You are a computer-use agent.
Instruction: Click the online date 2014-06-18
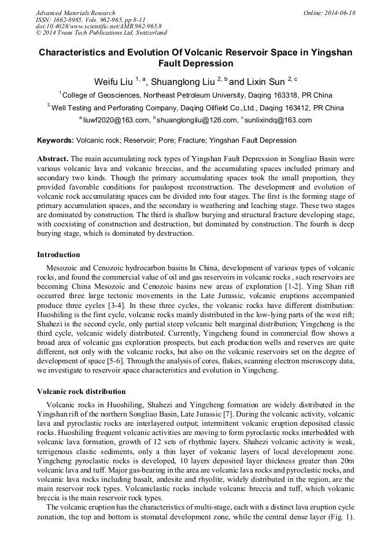pos(338,13)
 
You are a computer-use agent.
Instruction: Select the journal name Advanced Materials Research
pos(75,13)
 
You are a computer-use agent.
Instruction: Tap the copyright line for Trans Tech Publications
pos(101,33)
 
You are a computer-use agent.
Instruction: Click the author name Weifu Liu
pos(114,81)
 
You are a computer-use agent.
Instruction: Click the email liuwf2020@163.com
pos(116,120)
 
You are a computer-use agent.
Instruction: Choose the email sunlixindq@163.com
pos(278,120)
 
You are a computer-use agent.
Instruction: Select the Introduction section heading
pos(58,254)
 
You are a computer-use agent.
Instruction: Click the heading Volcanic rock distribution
pos(81,392)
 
